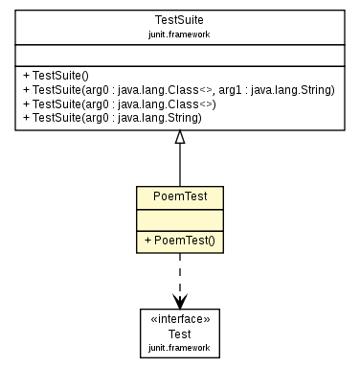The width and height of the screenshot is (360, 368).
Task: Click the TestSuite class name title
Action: [x=179, y=20]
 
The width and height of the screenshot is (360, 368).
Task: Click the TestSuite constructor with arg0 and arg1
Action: [x=179, y=90]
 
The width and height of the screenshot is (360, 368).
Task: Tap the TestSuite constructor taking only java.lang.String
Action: [x=112, y=119]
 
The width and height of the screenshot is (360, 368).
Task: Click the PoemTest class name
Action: [x=179, y=197]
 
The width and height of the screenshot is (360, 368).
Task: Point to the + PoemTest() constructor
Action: [x=179, y=238]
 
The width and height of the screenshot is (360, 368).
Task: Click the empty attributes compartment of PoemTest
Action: [x=179, y=218]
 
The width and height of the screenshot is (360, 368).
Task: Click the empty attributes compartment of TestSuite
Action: [x=179, y=54]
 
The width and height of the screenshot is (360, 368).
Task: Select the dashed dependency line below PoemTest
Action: [x=179, y=270]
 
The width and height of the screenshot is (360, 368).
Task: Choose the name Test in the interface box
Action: [x=179, y=333]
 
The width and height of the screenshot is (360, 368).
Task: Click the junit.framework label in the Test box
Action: [x=179, y=347]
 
